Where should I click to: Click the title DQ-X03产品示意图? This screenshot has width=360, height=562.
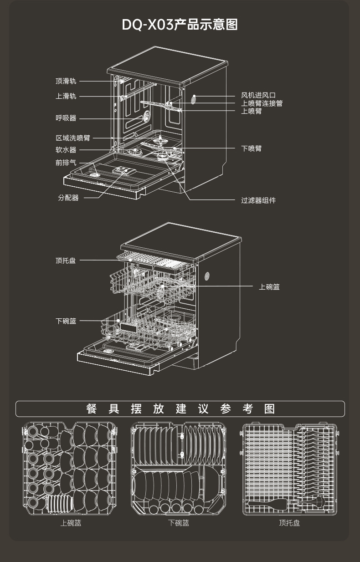(x=180, y=25)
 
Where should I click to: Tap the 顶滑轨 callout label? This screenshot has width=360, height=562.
(x=66, y=81)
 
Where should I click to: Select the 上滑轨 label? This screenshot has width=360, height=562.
(x=66, y=96)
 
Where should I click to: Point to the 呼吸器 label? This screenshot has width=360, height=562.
(x=66, y=118)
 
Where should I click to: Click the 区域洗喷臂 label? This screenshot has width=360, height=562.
(x=73, y=138)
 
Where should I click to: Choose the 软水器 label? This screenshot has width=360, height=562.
(x=66, y=150)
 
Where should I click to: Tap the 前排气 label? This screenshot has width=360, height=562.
(x=66, y=163)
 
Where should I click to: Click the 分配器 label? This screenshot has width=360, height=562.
(x=68, y=198)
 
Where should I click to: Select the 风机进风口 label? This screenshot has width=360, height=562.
(x=258, y=96)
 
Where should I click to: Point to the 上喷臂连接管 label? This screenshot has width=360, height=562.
(x=262, y=103)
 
